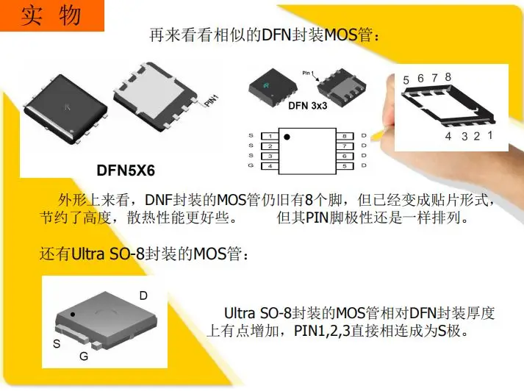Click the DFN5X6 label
point(126,171)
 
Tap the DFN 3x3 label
point(307,106)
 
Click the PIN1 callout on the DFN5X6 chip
point(211,101)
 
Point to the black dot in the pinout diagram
point(287,137)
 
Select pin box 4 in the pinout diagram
point(270,166)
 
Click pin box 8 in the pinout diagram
point(345,136)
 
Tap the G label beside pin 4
point(251,165)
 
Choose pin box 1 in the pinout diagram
point(270,136)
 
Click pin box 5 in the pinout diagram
point(345,166)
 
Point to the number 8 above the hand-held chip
point(448,77)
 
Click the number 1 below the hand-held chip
point(489,135)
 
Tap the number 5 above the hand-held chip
point(406,80)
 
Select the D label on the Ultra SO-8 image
point(143,295)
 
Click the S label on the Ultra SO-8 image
point(57,343)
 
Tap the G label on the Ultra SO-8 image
point(84,356)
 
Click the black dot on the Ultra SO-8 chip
point(73,315)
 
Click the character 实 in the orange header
point(32,15)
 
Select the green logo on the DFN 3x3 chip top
point(266,85)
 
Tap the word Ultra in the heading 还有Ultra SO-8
point(88,254)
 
